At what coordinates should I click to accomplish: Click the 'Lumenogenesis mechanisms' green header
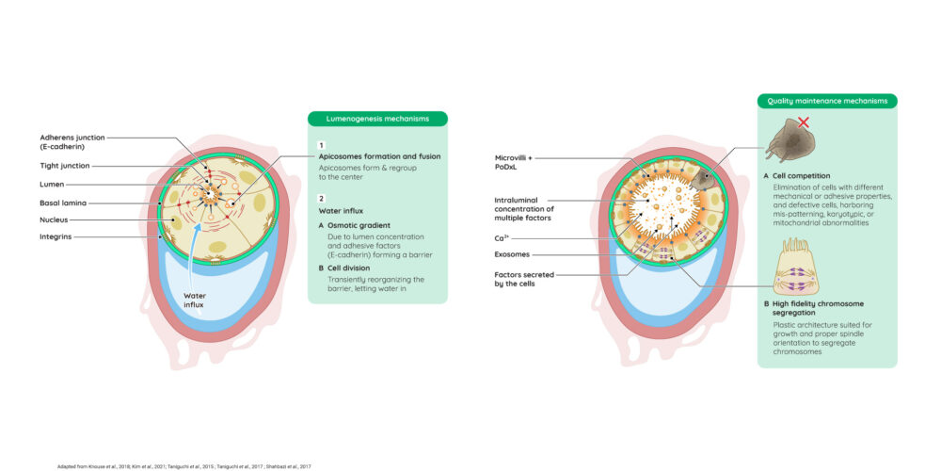377,119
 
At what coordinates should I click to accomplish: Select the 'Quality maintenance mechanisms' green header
827,101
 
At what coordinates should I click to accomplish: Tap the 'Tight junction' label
65,165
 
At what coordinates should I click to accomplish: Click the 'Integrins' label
56,236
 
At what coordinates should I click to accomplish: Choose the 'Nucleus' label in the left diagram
54,219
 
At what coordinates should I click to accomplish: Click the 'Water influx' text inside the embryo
195,300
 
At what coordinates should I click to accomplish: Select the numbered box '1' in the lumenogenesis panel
322,145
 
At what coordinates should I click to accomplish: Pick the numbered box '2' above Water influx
322,199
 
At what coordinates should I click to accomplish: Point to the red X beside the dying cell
804,122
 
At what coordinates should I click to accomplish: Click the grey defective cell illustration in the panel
788,141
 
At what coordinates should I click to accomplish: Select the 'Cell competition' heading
801,176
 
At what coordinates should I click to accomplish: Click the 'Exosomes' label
512,254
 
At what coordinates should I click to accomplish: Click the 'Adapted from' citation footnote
184,466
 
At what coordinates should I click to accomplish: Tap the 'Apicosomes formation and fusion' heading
379,156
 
